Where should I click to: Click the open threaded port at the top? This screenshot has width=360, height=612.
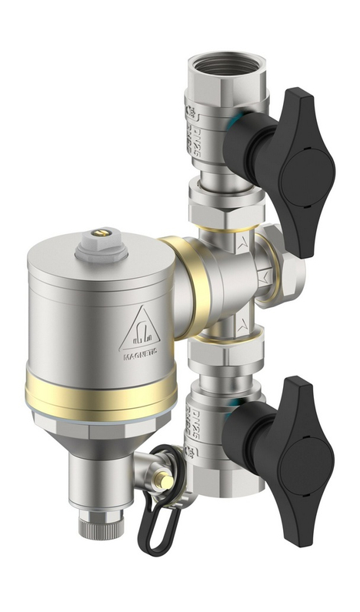pyautogui.click(x=228, y=66)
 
